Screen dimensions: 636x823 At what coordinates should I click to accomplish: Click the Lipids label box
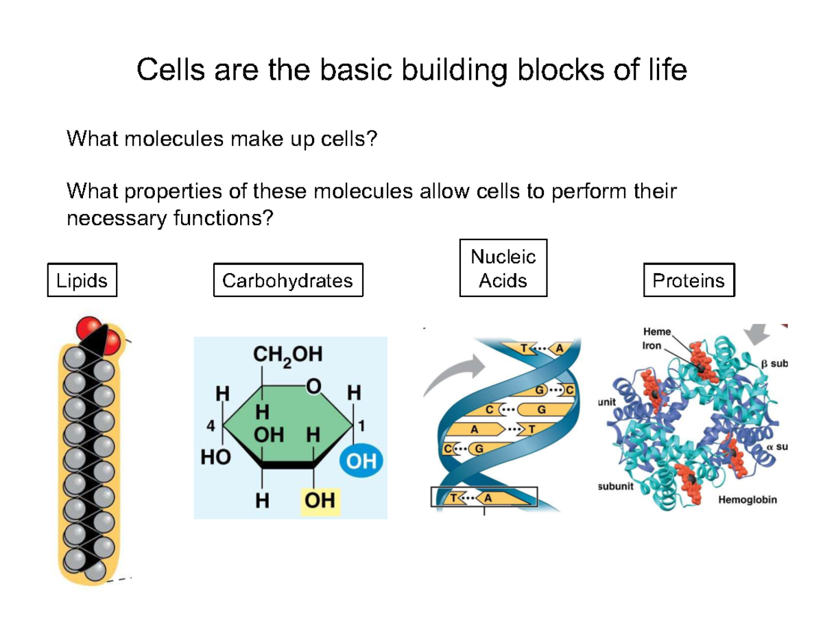point(82,280)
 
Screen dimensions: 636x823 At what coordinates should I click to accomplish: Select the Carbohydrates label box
point(287,280)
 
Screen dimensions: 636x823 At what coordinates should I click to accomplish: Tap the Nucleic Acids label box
point(503,268)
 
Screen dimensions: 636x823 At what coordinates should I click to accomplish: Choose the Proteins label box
point(689,280)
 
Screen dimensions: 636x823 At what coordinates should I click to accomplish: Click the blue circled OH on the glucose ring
point(361,462)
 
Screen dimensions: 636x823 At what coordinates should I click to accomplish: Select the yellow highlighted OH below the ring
point(320,501)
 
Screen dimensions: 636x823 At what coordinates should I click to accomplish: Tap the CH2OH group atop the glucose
point(287,355)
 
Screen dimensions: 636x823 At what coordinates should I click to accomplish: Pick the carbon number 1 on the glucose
point(361,425)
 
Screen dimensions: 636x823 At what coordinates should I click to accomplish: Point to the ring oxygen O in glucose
point(313,388)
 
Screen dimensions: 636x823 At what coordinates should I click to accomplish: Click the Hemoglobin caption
point(748,500)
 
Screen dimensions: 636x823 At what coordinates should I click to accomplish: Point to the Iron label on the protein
point(652,346)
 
